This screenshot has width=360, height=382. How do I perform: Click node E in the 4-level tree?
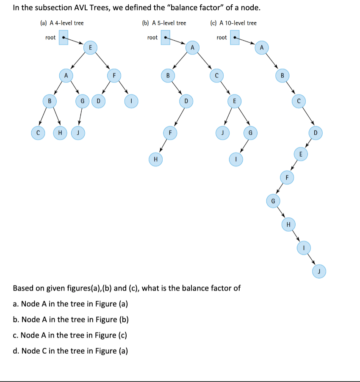(90, 47)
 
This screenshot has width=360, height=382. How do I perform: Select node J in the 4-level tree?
(78, 133)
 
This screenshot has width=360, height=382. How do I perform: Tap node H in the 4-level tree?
(60, 133)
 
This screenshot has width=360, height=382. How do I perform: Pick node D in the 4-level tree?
(98, 102)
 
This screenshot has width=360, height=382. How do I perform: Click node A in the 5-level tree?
(192, 47)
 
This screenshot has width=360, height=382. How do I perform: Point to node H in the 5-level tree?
(155, 160)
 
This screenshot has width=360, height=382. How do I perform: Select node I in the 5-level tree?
(236, 160)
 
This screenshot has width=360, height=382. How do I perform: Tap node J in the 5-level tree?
(220, 133)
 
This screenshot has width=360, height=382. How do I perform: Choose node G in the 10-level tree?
(273, 200)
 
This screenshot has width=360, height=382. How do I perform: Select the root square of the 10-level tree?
(234, 37)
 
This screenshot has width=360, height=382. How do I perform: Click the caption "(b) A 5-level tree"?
(164, 23)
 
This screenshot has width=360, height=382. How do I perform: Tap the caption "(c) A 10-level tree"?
(233, 23)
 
